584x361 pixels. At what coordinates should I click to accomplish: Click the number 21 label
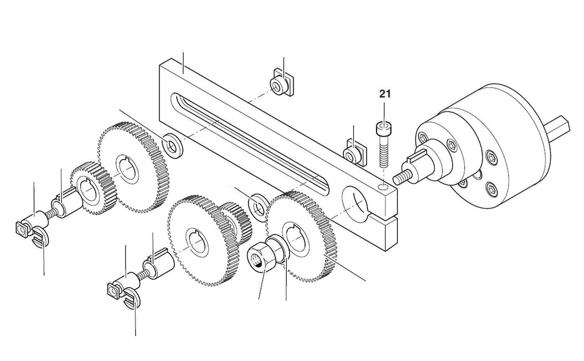point(385,94)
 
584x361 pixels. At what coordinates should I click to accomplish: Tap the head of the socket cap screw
point(384,127)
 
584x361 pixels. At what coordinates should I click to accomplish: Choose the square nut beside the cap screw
point(354,153)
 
